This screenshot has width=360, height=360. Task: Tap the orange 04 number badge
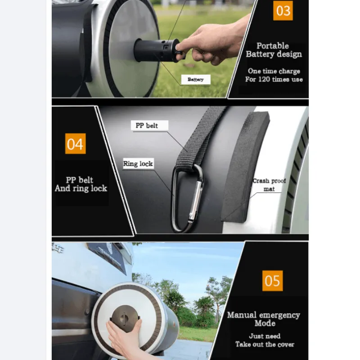(x=75, y=144)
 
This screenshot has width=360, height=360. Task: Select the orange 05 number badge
(x=272, y=281)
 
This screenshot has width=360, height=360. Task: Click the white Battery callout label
(x=196, y=80)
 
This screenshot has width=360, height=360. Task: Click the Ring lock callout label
(x=138, y=164)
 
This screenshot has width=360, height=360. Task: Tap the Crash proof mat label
(x=269, y=184)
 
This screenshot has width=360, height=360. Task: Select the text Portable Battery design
(x=273, y=50)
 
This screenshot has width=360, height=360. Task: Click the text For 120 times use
(x=274, y=80)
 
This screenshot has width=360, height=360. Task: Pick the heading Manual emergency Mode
(x=263, y=319)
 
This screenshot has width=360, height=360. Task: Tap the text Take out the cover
(x=265, y=344)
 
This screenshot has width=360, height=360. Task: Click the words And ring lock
(x=81, y=188)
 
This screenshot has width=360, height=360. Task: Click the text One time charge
(x=274, y=71)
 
